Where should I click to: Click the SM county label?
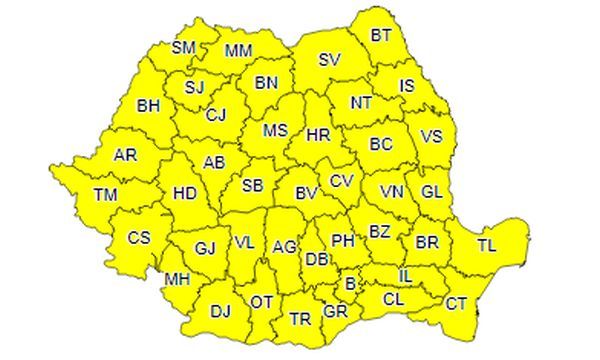point(184,47)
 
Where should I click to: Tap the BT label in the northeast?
point(381,35)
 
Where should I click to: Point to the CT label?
point(456,302)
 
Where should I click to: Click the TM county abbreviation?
point(105,195)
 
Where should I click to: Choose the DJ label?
point(220,311)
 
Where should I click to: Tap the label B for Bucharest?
point(349,284)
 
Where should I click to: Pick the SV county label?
point(329,59)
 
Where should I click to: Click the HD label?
point(184,193)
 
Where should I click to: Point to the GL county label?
point(432,191)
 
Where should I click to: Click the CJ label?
point(216,115)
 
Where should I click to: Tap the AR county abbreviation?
point(125,156)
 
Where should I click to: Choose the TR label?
point(299,319)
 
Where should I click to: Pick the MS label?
point(275,131)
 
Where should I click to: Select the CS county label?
point(138,238)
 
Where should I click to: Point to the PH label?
point(343,240)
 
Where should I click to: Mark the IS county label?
point(407,86)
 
